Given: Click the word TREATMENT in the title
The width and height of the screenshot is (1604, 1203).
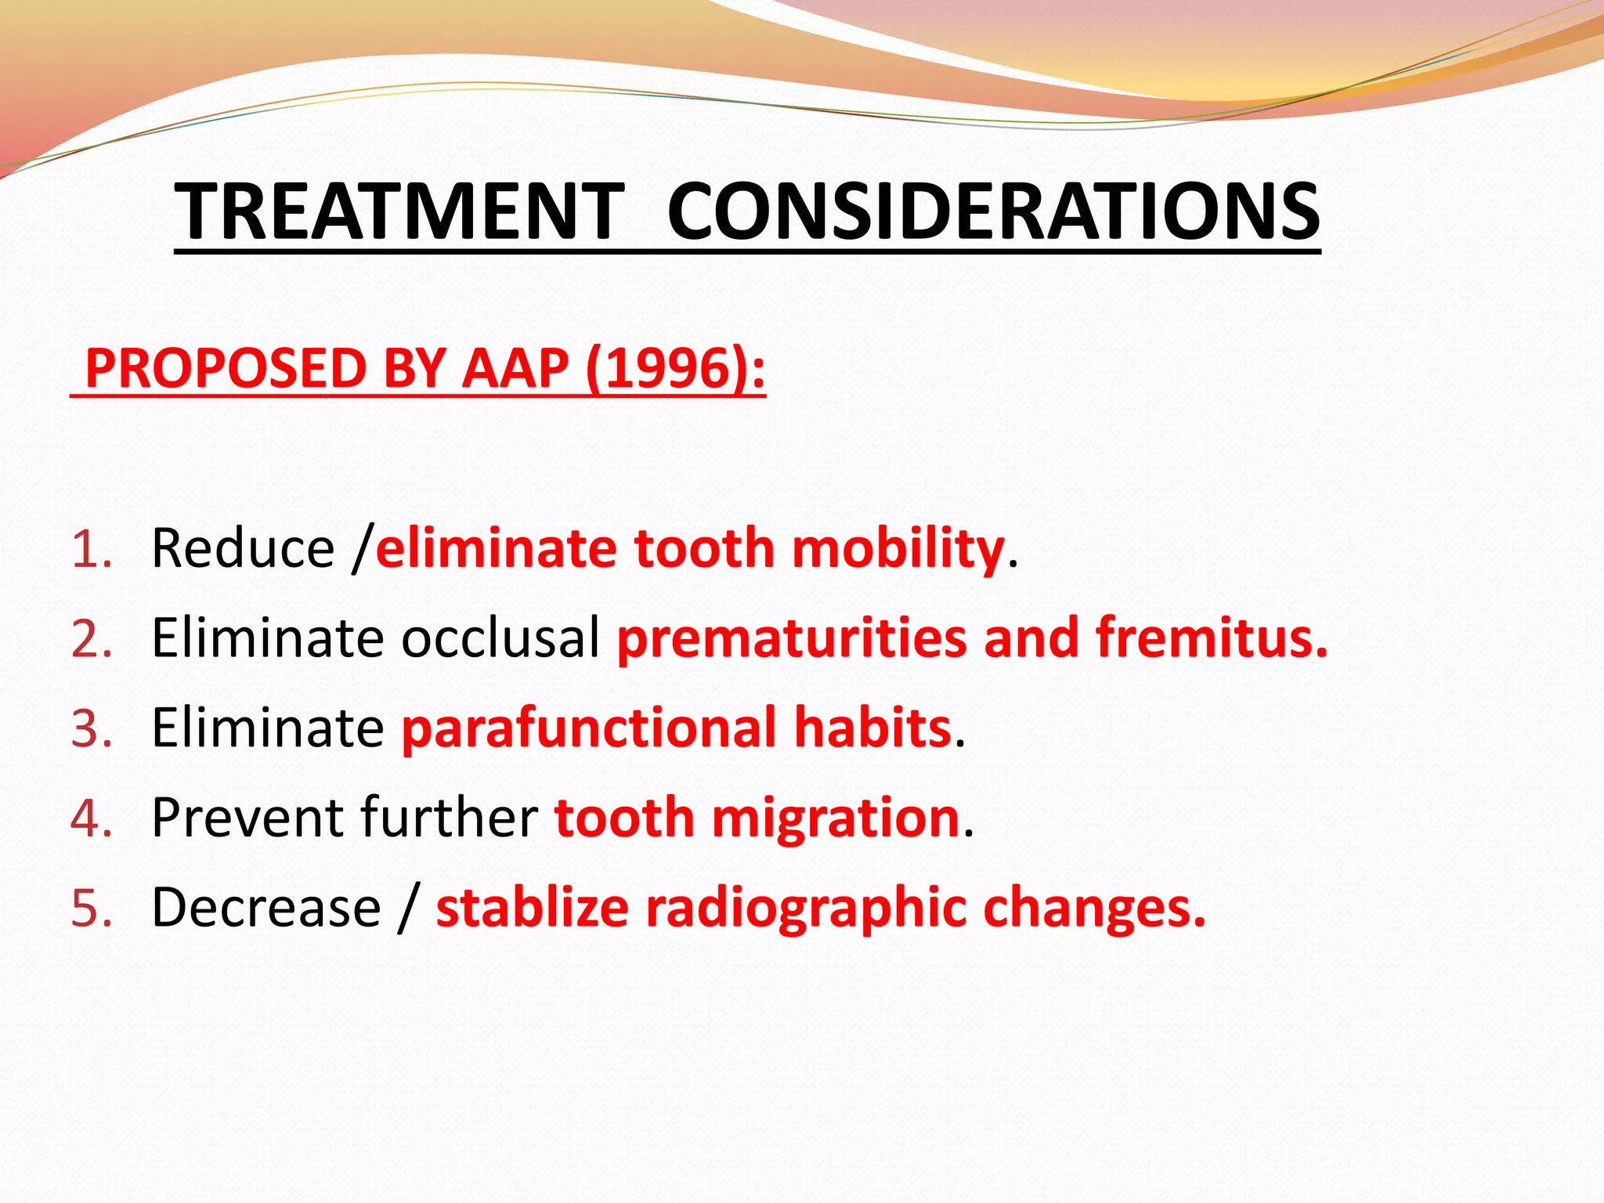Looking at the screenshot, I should [399, 211].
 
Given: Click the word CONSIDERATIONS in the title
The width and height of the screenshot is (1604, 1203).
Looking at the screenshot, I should [993, 211].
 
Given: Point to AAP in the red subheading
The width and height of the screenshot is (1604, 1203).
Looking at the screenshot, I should [515, 368].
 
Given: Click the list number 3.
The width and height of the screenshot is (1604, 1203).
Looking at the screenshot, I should [92, 728].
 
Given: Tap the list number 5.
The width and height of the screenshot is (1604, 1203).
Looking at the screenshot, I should [92, 908].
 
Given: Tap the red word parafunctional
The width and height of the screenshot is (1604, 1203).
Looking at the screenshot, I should [589, 728].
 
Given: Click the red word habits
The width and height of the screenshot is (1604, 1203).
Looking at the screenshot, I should [872, 728].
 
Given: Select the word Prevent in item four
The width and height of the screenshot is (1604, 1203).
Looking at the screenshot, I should [247, 818].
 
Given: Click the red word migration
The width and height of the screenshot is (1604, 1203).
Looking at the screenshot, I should [835, 819].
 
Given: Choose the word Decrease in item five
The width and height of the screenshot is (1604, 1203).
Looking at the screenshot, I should [266, 908].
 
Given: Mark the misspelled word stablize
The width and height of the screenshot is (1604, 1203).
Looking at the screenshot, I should [532, 908].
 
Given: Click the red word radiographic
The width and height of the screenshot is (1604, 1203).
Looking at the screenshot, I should [806, 909].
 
